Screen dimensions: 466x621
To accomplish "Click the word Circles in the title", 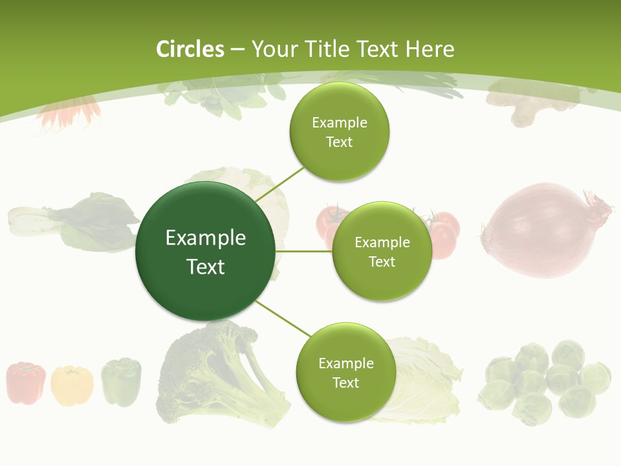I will coord(190,49).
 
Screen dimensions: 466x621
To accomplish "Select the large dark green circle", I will coord(205,251).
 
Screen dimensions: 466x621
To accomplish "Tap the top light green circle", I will coord(339,132).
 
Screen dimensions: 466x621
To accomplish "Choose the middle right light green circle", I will coord(382,252).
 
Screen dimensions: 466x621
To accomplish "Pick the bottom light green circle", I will coord(345,373).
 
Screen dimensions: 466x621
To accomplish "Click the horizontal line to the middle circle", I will coord(303,251).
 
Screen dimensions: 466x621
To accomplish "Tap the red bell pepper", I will coord(26,383).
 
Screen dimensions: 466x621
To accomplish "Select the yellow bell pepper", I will coord(71,386).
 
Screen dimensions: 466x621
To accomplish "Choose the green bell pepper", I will coord(121,381).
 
